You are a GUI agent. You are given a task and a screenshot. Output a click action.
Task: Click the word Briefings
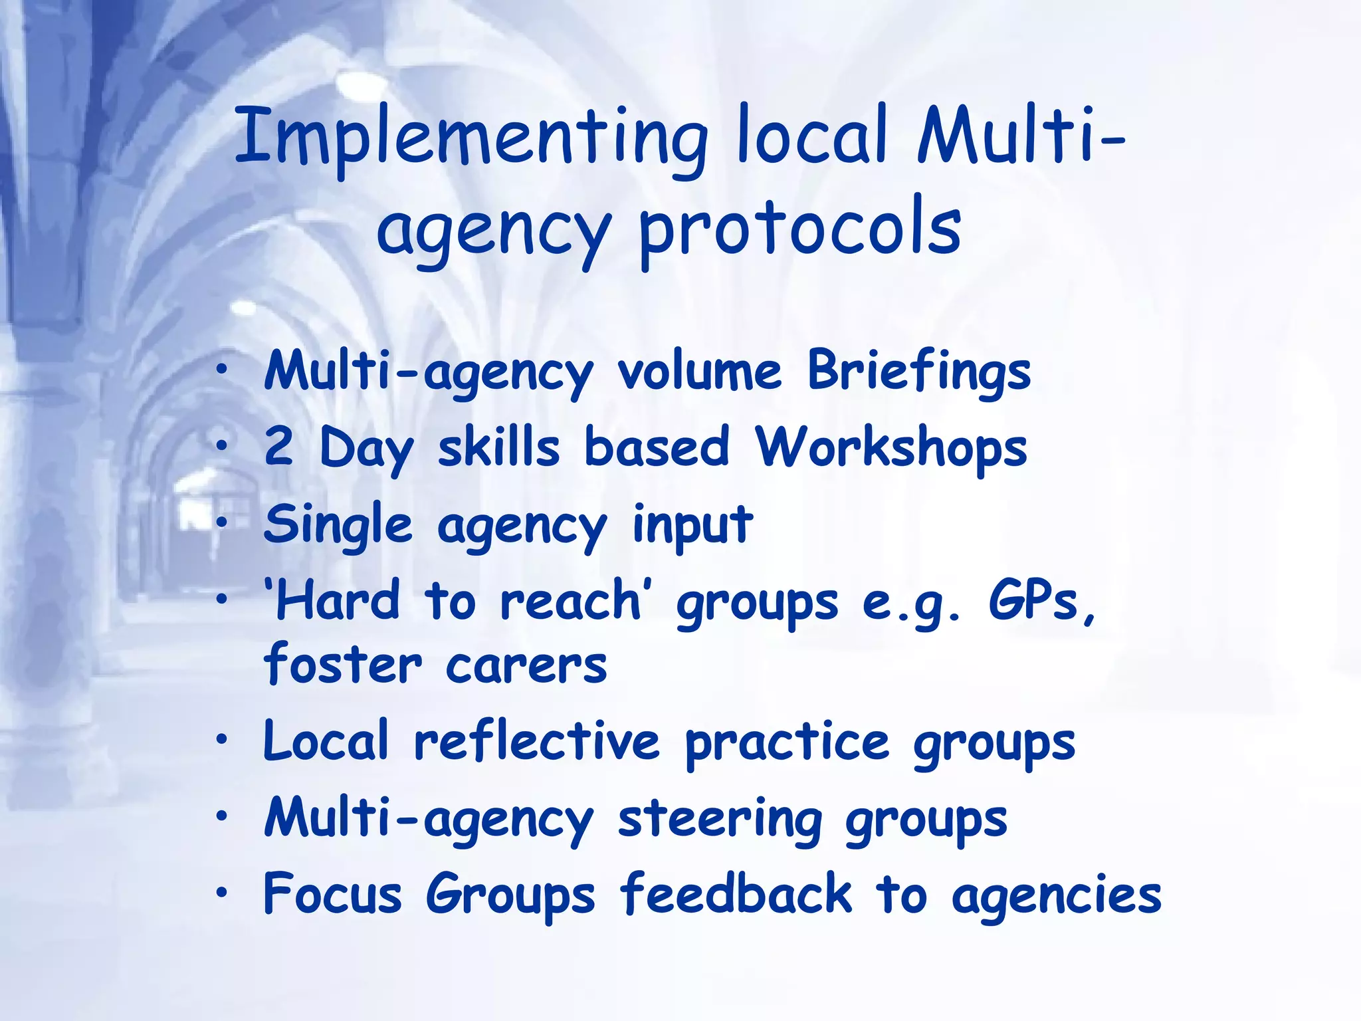click(x=919, y=371)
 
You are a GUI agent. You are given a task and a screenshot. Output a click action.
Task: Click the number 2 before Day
click(x=278, y=447)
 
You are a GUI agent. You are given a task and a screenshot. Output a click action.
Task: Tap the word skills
click(x=498, y=447)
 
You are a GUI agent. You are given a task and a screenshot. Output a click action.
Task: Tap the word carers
click(x=526, y=665)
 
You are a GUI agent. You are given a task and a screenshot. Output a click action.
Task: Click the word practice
click(x=787, y=742)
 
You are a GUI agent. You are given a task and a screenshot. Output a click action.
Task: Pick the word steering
click(x=719, y=820)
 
